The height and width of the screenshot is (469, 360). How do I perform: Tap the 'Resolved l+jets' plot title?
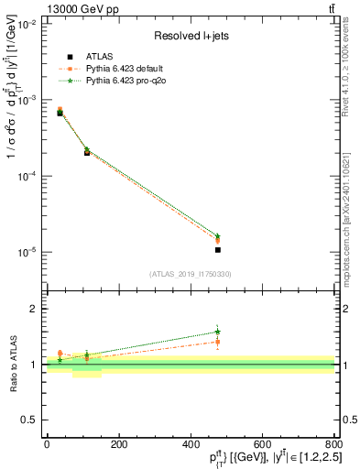[x=191, y=37]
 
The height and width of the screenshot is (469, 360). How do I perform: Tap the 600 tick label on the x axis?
[x=261, y=443]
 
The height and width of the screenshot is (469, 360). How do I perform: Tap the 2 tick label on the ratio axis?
[x=34, y=310]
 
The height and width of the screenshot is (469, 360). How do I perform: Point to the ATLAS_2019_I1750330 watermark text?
[x=191, y=274]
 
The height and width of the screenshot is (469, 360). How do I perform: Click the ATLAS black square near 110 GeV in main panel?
[x=87, y=153]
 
